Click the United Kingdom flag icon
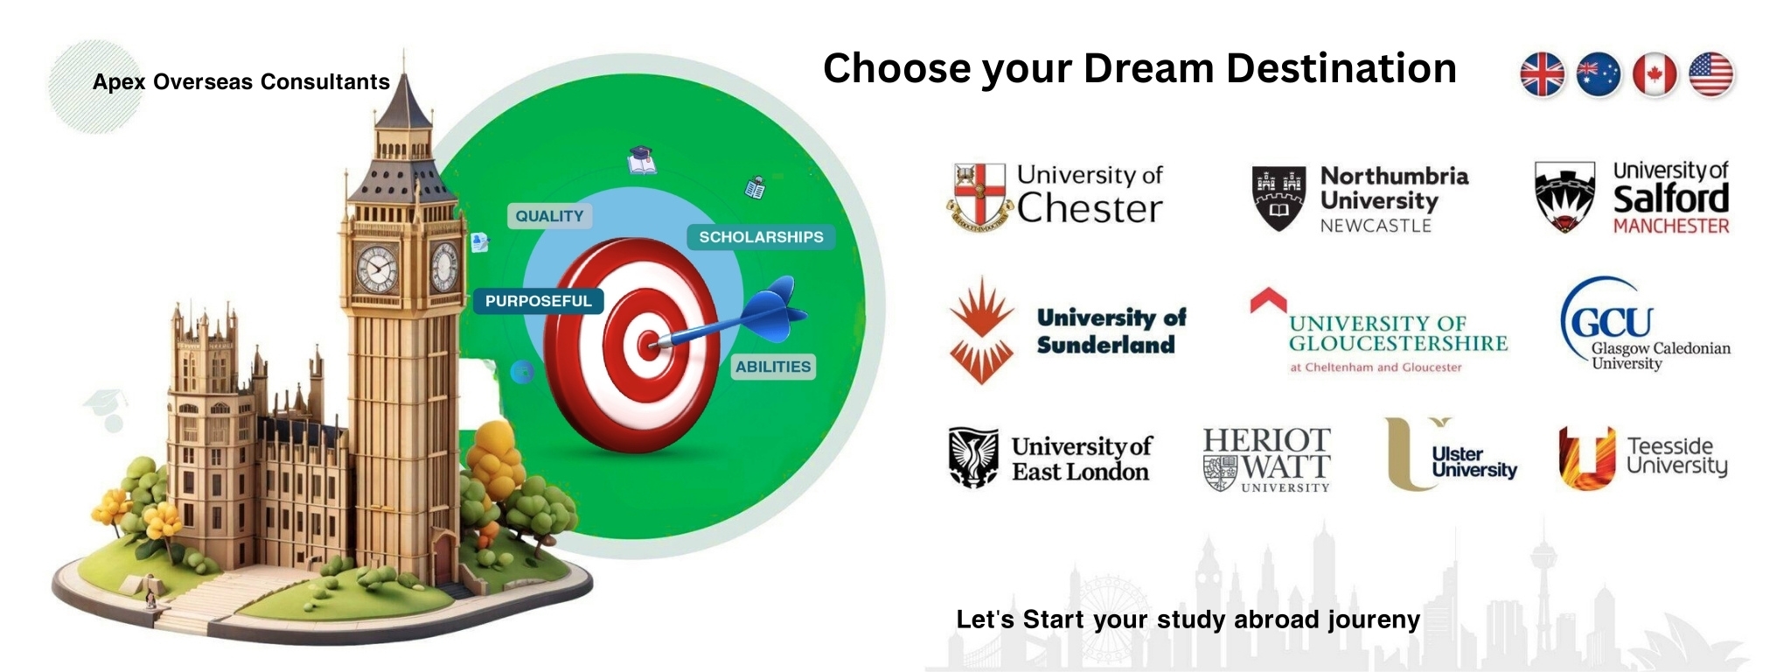(x=1543, y=73)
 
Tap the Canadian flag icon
(x=1655, y=73)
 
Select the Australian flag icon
(x=1599, y=73)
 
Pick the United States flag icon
(x=1711, y=73)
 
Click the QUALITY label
(x=549, y=216)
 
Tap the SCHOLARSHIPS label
(x=761, y=237)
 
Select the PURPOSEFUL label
(x=539, y=301)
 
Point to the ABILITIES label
(x=773, y=367)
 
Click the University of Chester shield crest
(x=979, y=197)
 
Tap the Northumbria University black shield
(x=1279, y=199)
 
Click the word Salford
(x=1671, y=199)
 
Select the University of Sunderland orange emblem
(x=981, y=331)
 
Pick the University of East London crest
(x=973, y=457)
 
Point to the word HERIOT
(x=1266, y=440)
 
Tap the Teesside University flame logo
(x=1586, y=458)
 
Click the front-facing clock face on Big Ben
(x=377, y=269)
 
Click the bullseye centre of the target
(x=648, y=345)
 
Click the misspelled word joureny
(x=1374, y=620)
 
